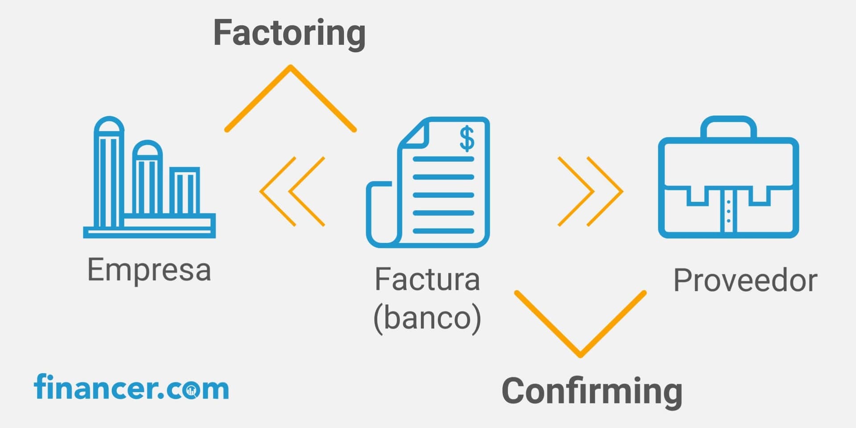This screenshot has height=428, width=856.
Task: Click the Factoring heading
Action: [x=289, y=34]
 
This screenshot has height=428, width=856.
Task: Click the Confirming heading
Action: [x=592, y=391]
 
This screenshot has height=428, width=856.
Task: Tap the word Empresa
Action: [x=149, y=270]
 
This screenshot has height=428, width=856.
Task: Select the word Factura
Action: [x=427, y=280]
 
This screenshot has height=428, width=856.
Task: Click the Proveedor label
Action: [x=745, y=281]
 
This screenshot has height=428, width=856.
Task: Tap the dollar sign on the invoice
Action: [x=467, y=139]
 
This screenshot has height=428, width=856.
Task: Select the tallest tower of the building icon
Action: [x=108, y=174]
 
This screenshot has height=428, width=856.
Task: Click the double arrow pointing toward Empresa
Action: [x=292, y=191]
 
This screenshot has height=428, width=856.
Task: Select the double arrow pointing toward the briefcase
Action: [x=590, y=191]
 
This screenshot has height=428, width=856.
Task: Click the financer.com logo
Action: [x=132, y=388]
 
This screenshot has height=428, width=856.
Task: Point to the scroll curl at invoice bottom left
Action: [x=379, y=214]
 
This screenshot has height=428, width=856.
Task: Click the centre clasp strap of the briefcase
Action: [x=728, y=210]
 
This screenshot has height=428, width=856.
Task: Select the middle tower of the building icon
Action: [x=147, y=178]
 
